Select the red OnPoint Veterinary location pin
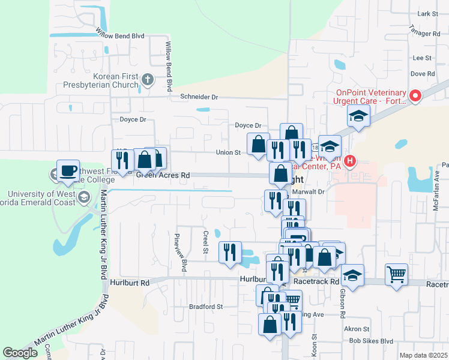pyautogui.click(x=415, y=97)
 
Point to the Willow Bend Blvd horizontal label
pyautogui.click(x=120, y=36)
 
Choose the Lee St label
pyautogui.click(x=423, y=58)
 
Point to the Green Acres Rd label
pyautogui.click(x=163, y=175)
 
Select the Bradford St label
pyautogui.click(x=206, y=306)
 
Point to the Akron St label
pyautogui.click(x=357, y=329)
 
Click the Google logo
pyautogui.click(x=20, y=353)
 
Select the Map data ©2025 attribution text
pyautogui.click(x=423, y=355)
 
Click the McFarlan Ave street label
pyautogui.click(x=437, y=180)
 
